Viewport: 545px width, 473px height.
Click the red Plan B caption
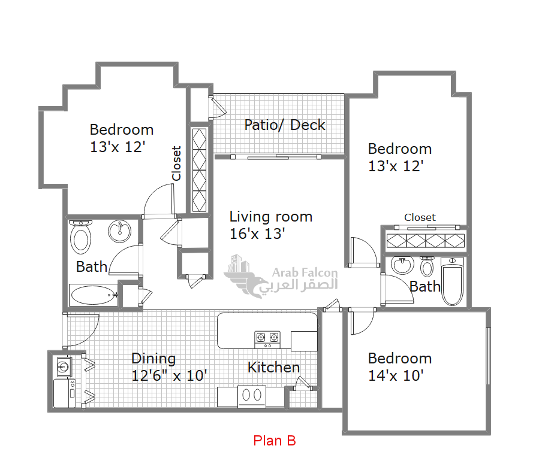pos(274,441)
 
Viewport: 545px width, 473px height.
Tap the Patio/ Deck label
pos(285,125)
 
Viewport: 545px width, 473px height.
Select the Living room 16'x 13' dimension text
pos(257,234)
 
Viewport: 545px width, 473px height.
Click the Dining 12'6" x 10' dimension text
pos(169,376)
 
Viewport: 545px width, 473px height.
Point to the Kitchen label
pos(273,368)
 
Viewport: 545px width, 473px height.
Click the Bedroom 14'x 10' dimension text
pos(396,376)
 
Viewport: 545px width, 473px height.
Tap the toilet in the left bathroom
pos(80,236)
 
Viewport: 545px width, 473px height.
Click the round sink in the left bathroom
pos(119,232)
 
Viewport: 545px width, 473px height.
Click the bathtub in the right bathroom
pos(453,281)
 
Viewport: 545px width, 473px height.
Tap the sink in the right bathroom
pos(402,265)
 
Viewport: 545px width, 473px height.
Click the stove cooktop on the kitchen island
pos(267,339)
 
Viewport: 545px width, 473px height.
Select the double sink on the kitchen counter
pos(252,396)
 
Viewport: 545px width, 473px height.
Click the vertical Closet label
pos(176,163)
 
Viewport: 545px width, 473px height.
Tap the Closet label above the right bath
pos(420,217)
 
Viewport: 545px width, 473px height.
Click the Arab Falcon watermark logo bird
pos(246,282)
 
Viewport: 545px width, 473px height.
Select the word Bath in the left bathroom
pos(91,267)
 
